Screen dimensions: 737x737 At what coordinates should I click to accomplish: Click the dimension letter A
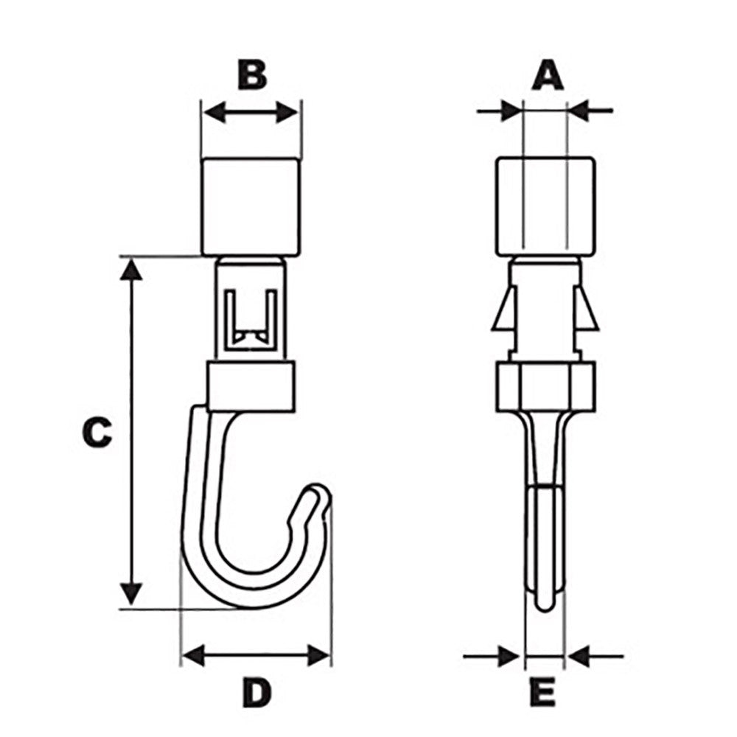click(547, 76)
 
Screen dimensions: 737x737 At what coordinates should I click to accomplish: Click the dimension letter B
click(252, 75)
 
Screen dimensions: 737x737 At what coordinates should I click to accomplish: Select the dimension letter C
click(97, 433)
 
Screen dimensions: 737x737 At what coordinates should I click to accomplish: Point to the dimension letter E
click(542, 692)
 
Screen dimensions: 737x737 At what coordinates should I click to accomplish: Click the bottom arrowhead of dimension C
click(131, 593)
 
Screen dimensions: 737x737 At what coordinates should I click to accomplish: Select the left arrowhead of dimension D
click(193, 654)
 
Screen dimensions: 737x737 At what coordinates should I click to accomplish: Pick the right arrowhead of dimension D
click(318, 654)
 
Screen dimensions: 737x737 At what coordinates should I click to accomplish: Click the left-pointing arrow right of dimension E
click(577, 654)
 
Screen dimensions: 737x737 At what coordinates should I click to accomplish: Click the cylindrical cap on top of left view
click(251, 206)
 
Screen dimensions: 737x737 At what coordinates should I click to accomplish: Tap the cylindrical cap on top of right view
click(545, 206)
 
